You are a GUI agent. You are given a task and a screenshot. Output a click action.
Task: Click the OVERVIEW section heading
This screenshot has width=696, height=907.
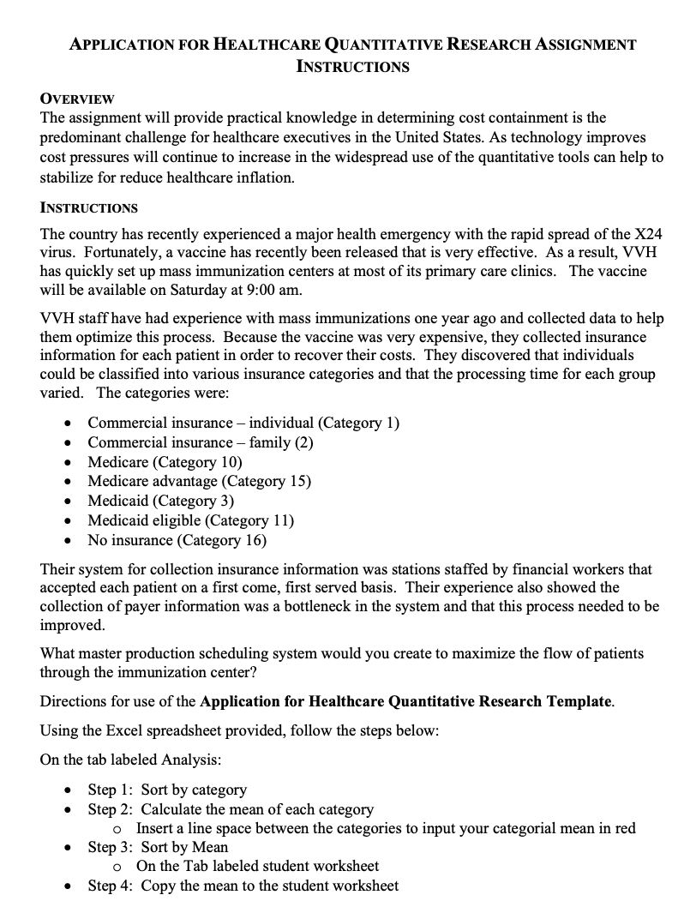tap(77, 99)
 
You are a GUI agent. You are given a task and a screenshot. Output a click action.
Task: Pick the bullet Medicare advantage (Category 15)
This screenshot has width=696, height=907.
tap(199, 481)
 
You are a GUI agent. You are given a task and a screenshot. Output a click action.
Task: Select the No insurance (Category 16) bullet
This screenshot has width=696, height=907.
tap(177, 540)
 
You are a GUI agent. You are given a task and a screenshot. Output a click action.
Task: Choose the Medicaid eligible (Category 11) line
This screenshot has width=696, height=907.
tap(190, 520)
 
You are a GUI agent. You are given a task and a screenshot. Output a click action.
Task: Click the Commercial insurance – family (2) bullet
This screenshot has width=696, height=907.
tap(200, 442)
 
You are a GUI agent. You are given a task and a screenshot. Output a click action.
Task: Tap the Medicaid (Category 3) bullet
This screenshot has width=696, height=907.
tap(160, 501)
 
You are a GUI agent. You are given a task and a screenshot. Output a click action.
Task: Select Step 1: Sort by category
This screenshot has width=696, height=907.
tap(167, 790)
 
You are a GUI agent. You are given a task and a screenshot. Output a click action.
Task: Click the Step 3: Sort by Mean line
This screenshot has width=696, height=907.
tap(158, 847)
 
